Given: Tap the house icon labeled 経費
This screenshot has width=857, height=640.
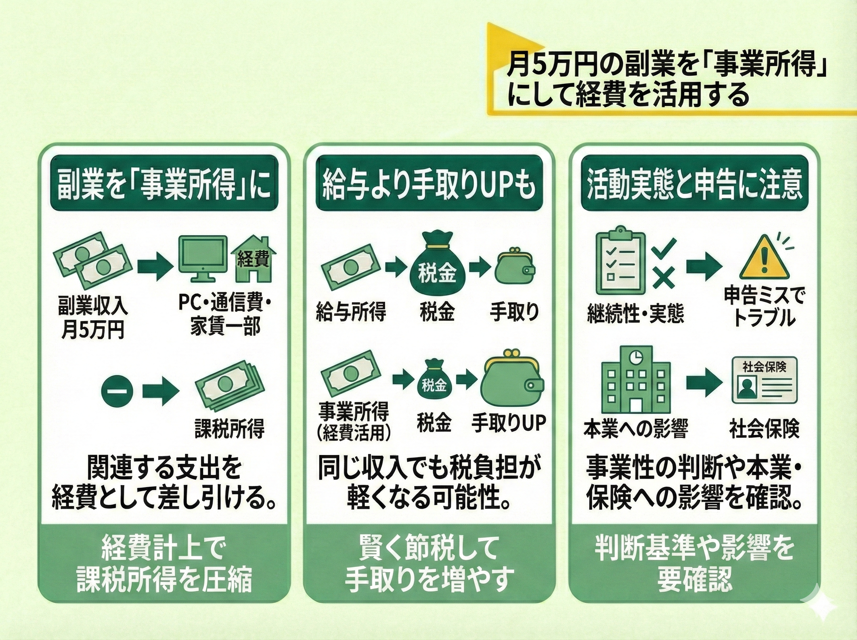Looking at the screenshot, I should pyautogui.click(x=253, y=259).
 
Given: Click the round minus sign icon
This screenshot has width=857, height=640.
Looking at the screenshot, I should pyautogui.click(x=117, y=392).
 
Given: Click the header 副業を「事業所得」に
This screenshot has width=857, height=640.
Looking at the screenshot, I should pyautogui.click(x=164, y=183).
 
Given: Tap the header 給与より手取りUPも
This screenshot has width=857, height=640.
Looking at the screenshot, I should pyautogui.click(x=429, y=183).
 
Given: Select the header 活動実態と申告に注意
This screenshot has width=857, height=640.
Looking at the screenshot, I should pyautogui.click(x=695, y=183).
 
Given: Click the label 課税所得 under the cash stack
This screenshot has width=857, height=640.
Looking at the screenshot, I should pyautogui.click(x=229, y=429).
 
